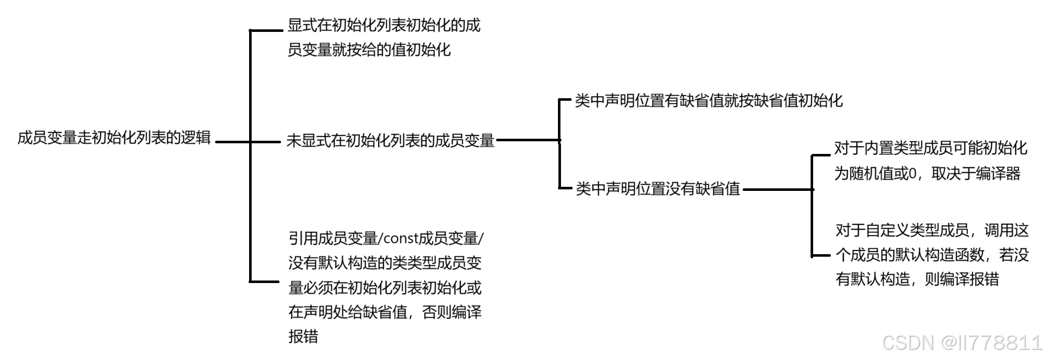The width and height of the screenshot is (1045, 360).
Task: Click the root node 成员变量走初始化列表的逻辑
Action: (114, 138)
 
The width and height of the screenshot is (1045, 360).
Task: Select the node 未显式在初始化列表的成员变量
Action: (390, 140)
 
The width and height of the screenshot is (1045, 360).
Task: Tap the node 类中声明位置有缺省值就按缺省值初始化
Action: (708, 101)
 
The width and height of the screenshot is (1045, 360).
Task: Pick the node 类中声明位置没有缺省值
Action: (658, 189)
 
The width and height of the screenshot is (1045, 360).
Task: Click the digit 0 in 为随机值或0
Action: (913, 174)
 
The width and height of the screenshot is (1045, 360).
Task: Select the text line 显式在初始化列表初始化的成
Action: (384, 25)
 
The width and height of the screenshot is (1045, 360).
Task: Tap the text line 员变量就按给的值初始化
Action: (369, 50)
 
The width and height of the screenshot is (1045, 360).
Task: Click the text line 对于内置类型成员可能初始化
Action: (931, 148)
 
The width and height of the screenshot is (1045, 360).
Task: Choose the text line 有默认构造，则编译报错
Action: (917, 279)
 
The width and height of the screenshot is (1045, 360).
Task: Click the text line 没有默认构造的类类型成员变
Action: (385, 263)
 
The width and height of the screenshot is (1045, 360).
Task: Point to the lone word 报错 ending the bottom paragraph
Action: (303, 336)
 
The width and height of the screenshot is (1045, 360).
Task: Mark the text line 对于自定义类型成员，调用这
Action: (932, 230)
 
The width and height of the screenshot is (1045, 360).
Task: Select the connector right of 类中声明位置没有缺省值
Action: (777, 190)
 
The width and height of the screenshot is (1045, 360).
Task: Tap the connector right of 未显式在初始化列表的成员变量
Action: (527, 140)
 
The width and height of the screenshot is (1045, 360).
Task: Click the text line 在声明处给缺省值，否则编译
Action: (385, 312)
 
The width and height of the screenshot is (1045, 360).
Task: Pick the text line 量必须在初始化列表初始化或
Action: (385, 288)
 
